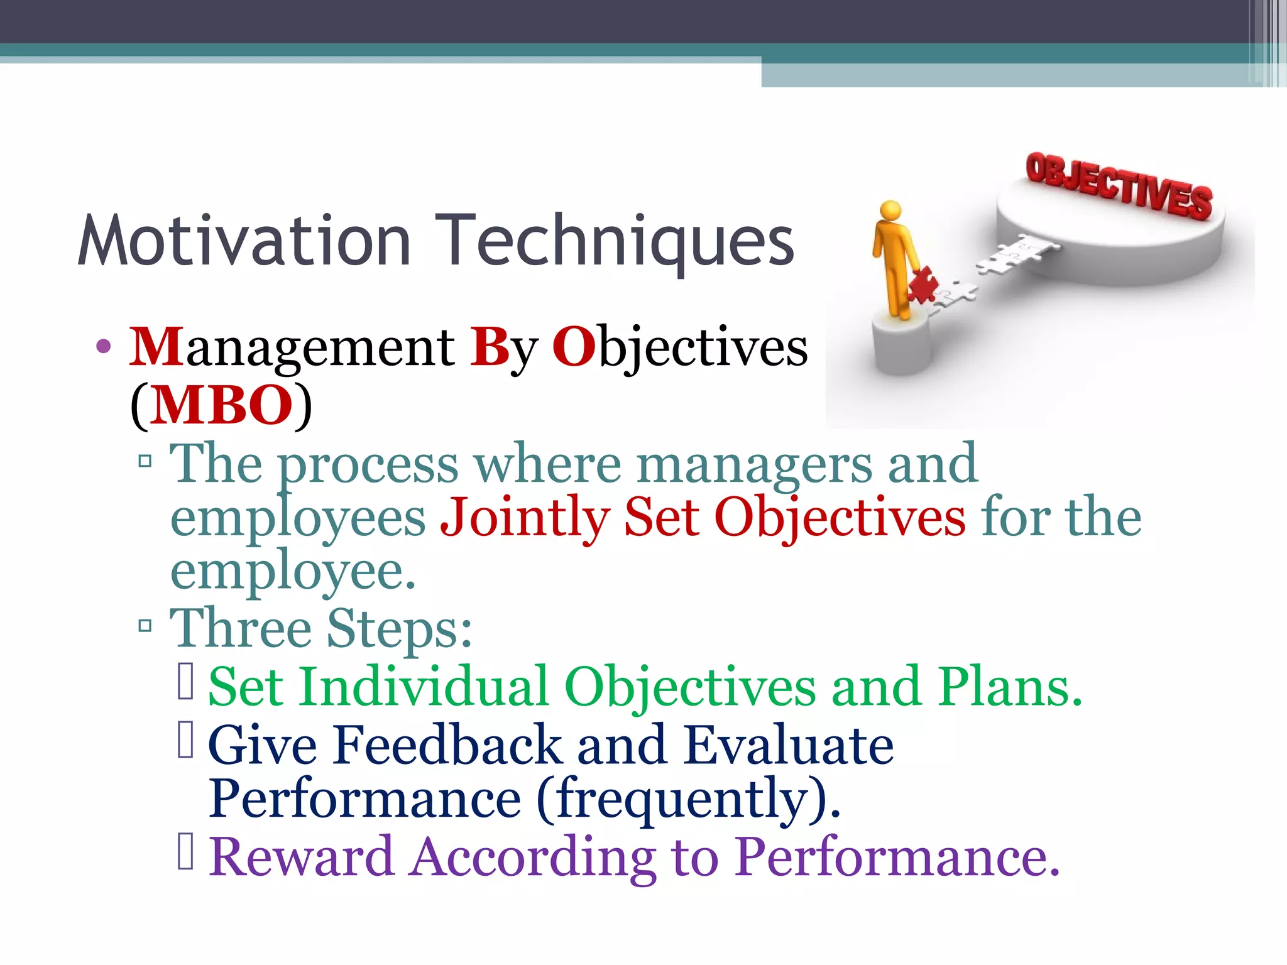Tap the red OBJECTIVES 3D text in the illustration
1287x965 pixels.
click(x=1118, y=186)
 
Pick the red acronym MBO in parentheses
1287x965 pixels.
click(x=221, y=405)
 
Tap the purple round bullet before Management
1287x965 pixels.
click(x=104, y=347)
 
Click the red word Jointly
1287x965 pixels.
click(x=524, y=518)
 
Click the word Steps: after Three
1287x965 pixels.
click(x=399, y=628)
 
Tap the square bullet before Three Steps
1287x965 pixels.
click(x=145, y=626)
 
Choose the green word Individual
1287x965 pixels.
click(x=424, y=687)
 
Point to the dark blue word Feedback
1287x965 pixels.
click(x=447, y=745)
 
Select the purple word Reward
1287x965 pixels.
click(x=301, y=857)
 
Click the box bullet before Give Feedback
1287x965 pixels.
click(x=185, y=740)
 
